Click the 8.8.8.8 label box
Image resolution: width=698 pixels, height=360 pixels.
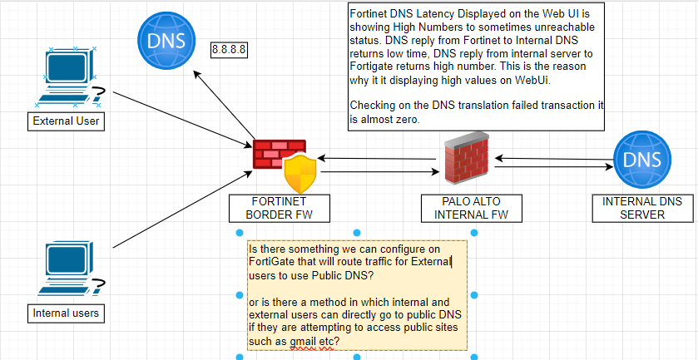(230, 50)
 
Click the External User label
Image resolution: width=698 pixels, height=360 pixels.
(66, 122)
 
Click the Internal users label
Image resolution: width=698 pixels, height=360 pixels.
(66, 313)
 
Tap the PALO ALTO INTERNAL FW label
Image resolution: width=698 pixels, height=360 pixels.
(472, 208)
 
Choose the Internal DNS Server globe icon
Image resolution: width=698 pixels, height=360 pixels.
(641, 160)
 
